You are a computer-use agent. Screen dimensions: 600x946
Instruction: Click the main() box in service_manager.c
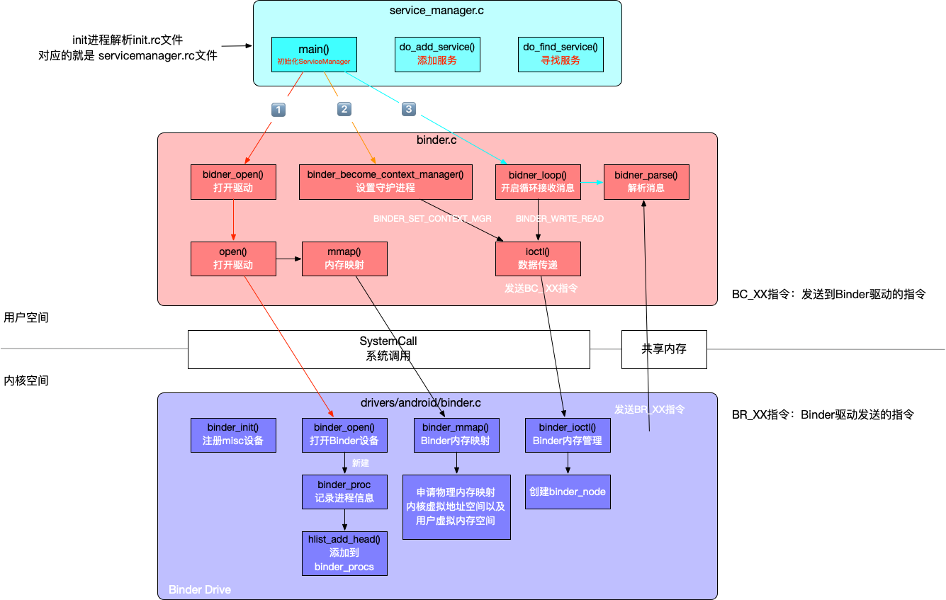coord(313,55)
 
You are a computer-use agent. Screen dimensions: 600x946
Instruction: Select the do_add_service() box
coord(437,55)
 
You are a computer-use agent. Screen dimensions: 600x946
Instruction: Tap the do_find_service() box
coord(561,55)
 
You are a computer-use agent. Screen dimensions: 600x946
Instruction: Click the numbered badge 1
coord(278,110)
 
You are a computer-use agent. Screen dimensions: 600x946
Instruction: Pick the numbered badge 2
coord(344,109)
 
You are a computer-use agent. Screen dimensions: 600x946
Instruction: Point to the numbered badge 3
coord(408,109)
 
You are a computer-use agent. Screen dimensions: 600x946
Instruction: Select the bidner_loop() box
coord(538,181)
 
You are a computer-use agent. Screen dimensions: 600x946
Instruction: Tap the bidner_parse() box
coord(646,181)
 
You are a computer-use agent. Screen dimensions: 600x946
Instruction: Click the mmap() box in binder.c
coord(344,259)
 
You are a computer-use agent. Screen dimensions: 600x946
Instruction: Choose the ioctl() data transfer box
coord(538,259)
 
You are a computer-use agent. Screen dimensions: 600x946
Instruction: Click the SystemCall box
coord(388,349)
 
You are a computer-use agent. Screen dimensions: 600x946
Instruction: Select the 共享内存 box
coord(664,349)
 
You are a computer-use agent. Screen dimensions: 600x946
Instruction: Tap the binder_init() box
coord(233,434)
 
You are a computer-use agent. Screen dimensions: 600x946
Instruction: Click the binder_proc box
coord(344,492)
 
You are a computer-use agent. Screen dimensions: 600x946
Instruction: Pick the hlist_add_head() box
coord(344,553)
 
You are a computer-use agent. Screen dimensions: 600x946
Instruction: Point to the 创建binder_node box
coord(568,492)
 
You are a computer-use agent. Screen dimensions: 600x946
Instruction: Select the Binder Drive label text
coord(200,589)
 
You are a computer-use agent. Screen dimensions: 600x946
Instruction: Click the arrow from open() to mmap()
coord(288,259)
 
